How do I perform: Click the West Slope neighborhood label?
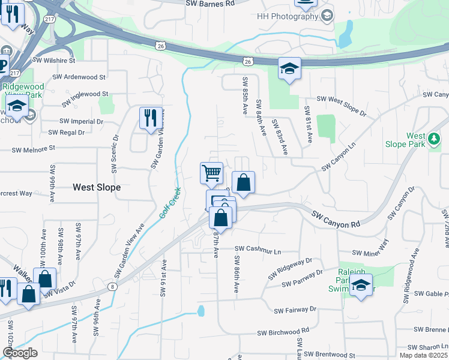coord(97,187)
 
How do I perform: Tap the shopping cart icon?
coord(211,173)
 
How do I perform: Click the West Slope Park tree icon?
coord(433,140)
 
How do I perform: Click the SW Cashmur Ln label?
coord(258,248)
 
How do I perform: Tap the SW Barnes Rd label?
coord(210,3)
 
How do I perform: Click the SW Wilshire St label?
coord(54,61)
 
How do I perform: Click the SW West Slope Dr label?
coord(341,106)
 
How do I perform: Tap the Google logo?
coord(20,352)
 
